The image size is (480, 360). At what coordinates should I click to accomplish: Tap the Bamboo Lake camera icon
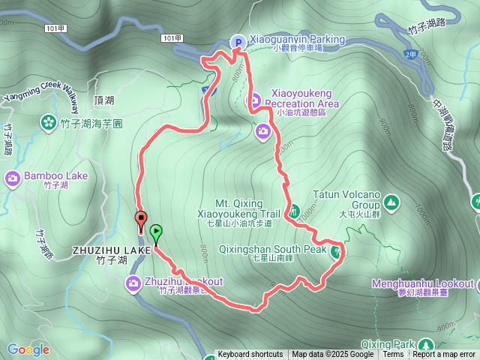[x=13, y=178]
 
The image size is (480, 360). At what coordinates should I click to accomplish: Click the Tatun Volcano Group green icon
[x=390, y=202]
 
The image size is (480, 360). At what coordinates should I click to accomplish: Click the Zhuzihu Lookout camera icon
[x=133, y=282]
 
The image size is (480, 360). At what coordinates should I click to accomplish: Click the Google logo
[x=28, y=349]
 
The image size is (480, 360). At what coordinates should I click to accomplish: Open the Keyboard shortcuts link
[x=250, y=355]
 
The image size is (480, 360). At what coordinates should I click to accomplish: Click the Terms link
[x=393, y=355]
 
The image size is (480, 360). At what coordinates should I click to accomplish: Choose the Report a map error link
[x=444, y=355]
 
